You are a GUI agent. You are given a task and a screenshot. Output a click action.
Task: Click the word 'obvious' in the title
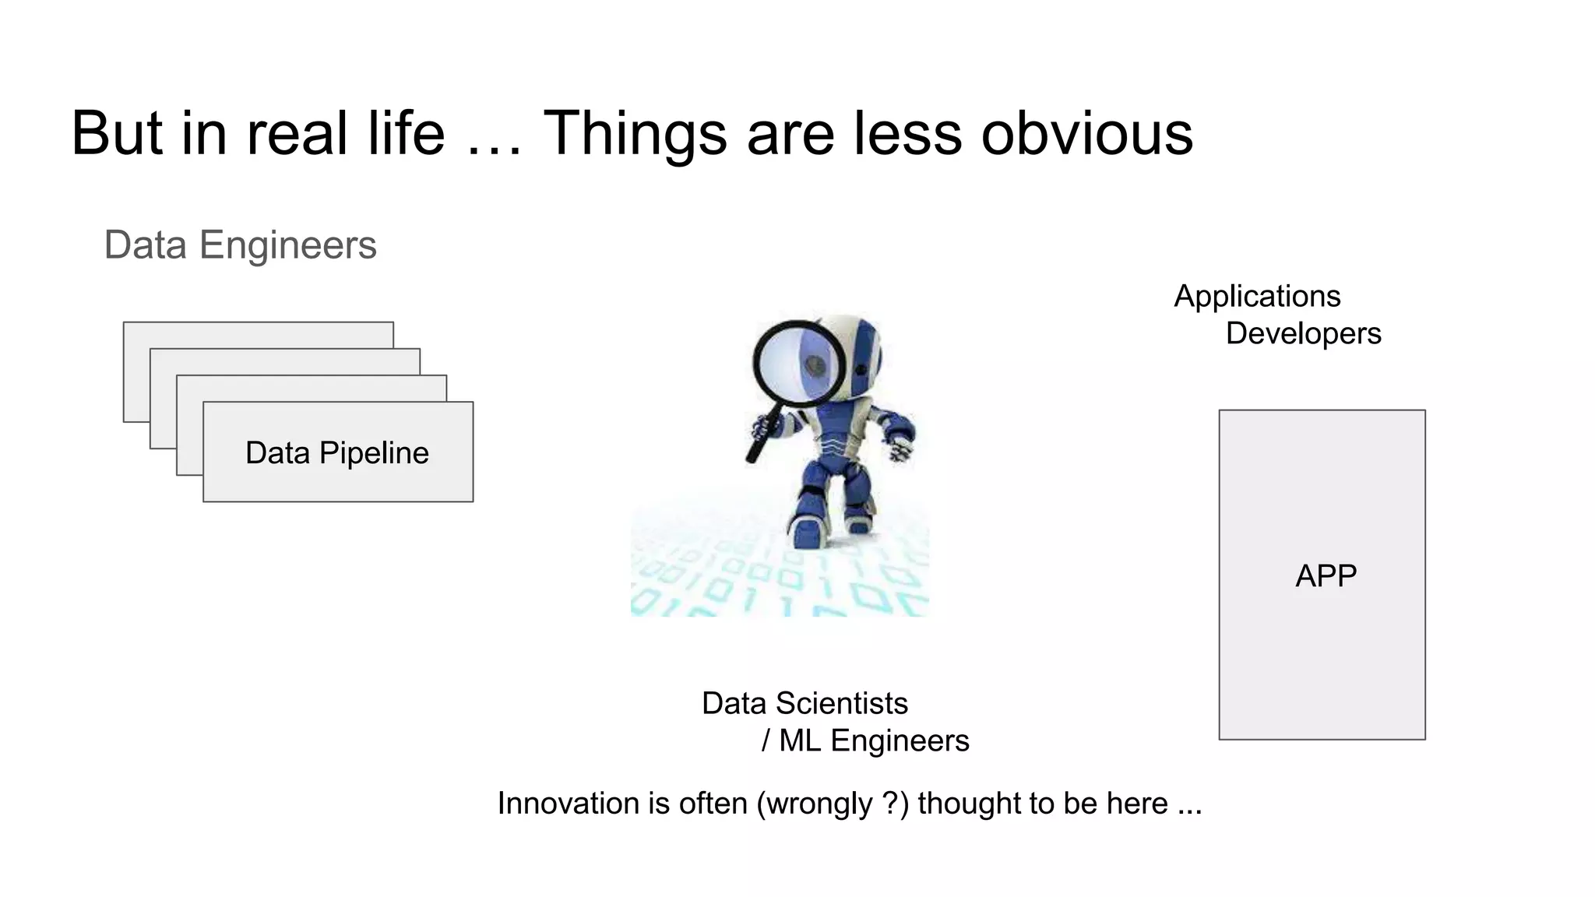[1086, 134]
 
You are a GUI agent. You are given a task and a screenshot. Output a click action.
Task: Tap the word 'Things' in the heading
[634, 134]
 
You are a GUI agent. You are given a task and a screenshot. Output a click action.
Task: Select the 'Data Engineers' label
[240, 245]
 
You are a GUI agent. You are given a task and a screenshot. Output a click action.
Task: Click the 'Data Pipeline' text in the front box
[336, 453]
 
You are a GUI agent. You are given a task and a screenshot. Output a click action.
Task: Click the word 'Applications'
[1257, 297]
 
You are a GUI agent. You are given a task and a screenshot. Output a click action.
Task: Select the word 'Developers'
[1303, 334]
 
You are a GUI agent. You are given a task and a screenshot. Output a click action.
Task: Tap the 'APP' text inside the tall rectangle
[1326, 576]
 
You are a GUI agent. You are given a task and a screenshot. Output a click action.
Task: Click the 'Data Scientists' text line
[805, 704]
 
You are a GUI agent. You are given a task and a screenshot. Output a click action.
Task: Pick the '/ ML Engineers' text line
[865, 740]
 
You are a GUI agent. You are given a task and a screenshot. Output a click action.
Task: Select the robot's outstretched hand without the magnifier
[900, 452]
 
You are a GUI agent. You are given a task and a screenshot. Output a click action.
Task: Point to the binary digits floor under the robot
[779, 584]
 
